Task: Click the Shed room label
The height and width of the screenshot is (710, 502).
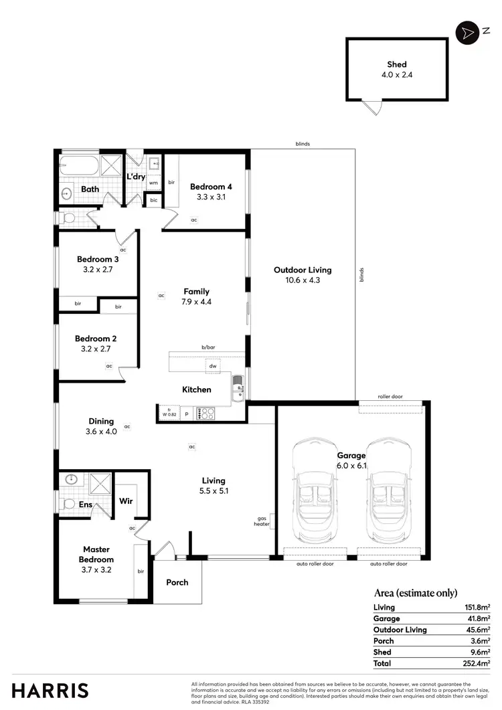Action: tap(397, 65)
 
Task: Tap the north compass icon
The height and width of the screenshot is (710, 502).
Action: tap(465, 32)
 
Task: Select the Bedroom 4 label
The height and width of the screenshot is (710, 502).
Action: tap(211, 187)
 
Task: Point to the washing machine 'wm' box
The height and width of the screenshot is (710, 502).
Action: tap(153, 182)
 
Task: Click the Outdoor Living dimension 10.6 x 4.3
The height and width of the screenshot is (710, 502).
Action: tap(303, 280)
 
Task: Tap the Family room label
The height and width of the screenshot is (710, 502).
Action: tap(197, 291)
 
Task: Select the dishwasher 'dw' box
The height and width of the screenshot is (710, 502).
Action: tap(213, 366)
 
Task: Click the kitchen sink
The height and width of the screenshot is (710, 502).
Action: tap(238, 389)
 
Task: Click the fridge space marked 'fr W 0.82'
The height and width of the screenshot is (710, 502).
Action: tap(169, 414)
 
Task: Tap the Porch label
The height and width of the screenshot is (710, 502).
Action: tap(177, 582)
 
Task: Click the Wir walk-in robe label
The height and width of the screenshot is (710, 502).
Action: tap(125, 501)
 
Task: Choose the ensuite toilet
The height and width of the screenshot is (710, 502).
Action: tap(68, 503)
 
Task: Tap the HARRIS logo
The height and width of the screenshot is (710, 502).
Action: tap(50, 691)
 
